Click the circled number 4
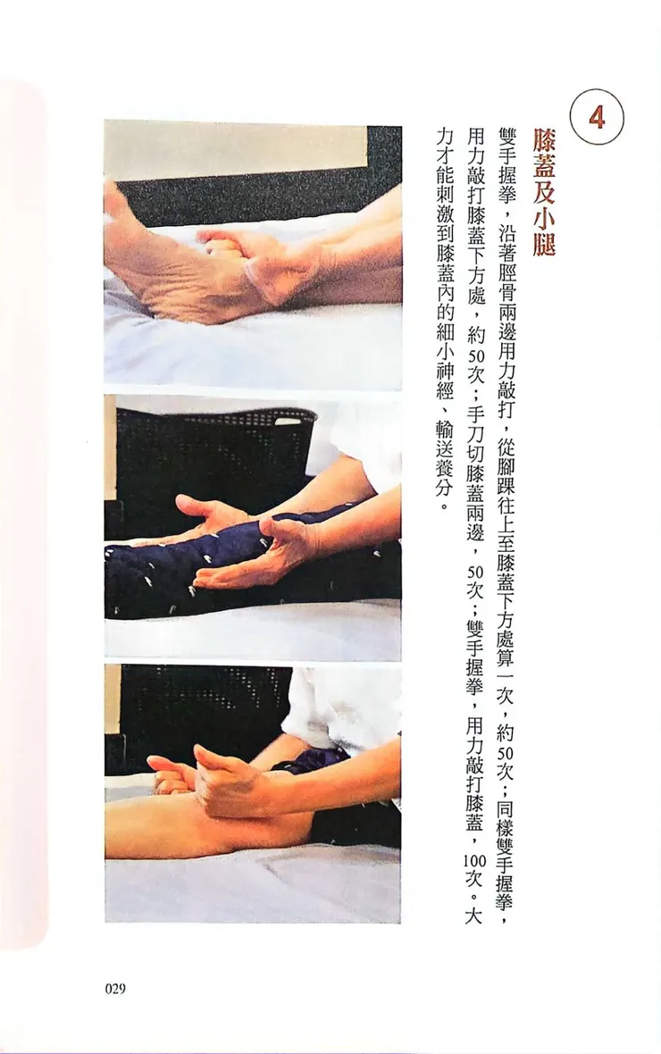pyautogui.click(x=596, y=118)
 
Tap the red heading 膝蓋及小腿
pyautogui.click(x=544, y=191)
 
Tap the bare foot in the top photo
pyautogui.click(x=170, y=268)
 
